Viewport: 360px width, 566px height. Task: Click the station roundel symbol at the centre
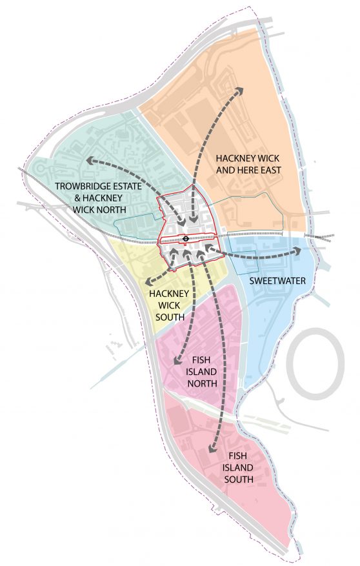186,238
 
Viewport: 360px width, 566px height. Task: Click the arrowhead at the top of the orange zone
240,90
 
